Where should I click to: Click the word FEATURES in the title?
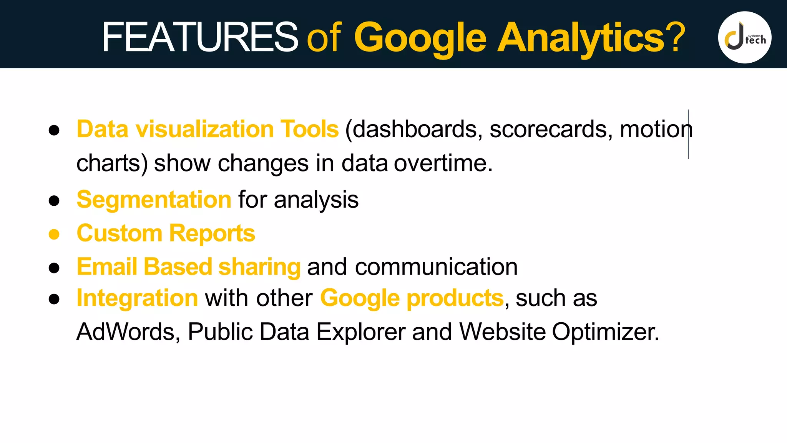pyautogui.click(x=199, y=37)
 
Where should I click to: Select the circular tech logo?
pyautogui.click(x=744, y=37)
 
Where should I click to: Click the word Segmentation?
pyautogui.click(x=154, y=200)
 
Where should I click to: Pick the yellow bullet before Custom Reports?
pyautogui.click(x=54, y=234)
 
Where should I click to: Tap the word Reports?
pyautogui.click(x=212, y=233)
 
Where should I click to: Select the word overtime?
pyautogui.click(x=443, y=163)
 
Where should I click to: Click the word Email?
pyautogui.click(x=107, y=266)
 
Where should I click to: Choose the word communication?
pyautogui.click(x=436, y=266)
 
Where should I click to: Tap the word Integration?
pyautogui.click(x=137, y=298)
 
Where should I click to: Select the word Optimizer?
pyautogui.click(x=606, y=331)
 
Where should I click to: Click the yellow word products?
pyautogui.click(x=455, y=298)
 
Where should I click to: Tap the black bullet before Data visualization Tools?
pyautogui.click(x=54, y=130)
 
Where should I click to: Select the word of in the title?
pyautogui.click(x=324, y=37)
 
